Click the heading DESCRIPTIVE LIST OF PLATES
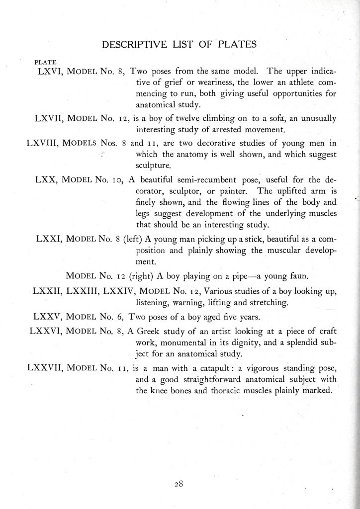coord(179,45)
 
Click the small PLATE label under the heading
coord(45,62)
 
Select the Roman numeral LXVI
coord(50,71)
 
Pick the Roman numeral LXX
coord(48,180)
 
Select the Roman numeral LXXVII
coord(38,368)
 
